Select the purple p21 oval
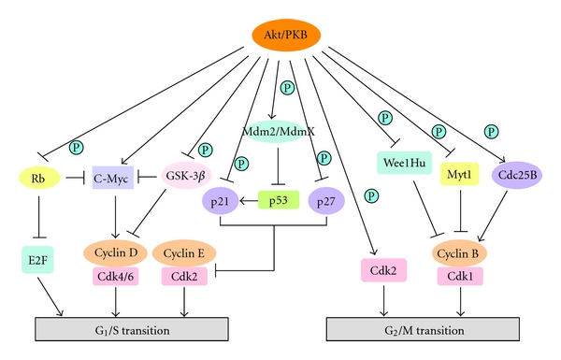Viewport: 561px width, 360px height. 218,200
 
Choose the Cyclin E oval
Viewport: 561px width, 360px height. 183,252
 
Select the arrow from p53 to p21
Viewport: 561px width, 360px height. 248,200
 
